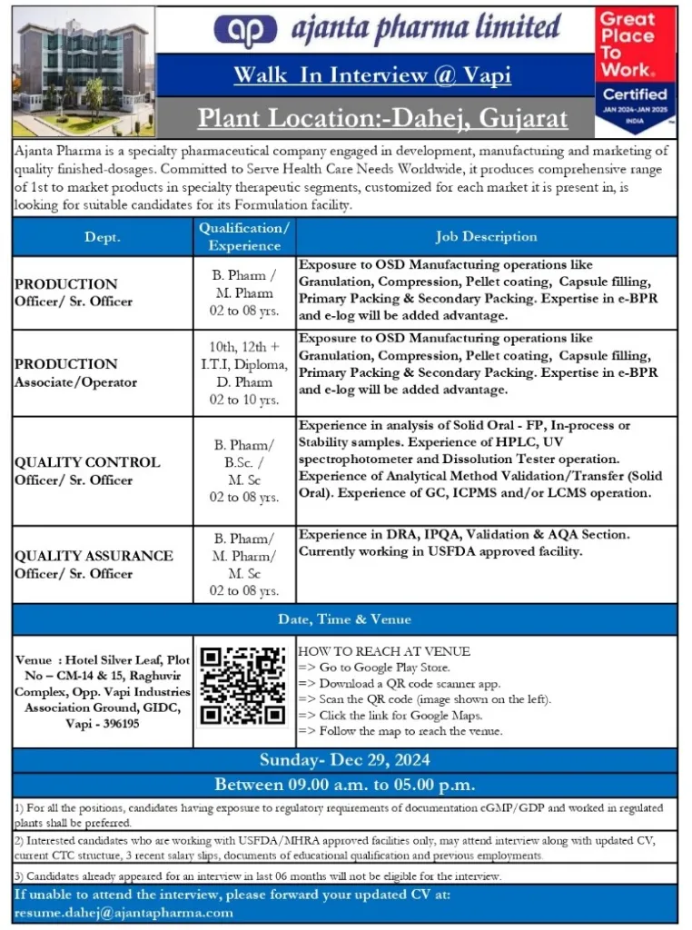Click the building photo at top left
[84, 71]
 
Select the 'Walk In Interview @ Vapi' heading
[372, 74]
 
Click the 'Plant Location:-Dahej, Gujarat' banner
[382, 118]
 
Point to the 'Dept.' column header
[103, 237]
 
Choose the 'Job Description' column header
[486, 236]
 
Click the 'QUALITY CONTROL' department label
[86, 462]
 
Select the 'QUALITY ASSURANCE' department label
[94, 555]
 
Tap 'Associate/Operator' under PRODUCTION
[75, 381]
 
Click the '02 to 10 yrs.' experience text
[244, 400]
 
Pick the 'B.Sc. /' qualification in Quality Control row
[244, 462]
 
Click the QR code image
[244, 687]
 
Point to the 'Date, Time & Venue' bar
[344, 619]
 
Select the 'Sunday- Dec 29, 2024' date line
[344, 760]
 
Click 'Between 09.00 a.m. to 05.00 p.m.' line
[344, 785]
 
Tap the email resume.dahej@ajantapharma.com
[124, 913]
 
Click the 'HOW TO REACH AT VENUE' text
[384, 651]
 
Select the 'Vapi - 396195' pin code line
[103, 724]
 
